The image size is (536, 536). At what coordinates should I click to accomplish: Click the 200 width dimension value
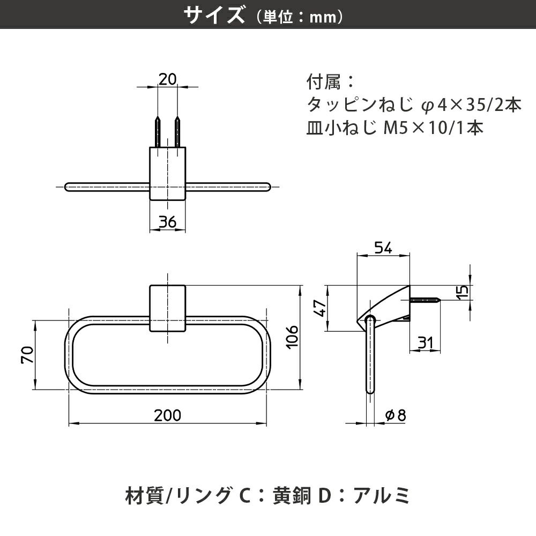tap(167, 415)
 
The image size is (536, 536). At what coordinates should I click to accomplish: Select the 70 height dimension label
tap(28, 355)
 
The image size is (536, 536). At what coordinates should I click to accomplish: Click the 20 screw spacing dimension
tap(168, 79)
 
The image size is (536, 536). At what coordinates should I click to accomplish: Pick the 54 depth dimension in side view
tap(383, 248)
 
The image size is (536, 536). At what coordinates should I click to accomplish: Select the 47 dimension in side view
tap(320, 309)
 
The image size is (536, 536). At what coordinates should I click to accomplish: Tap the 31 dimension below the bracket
tap(426, 343)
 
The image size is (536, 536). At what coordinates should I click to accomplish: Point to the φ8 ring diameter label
tap(396, 414)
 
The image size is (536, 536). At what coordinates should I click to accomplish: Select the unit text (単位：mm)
tap(300, 17)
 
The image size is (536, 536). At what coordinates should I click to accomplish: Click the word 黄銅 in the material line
tap(292, 495)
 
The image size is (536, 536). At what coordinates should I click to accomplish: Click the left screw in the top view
tap(158, 131)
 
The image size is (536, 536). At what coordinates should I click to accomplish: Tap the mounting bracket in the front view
tap(167, 309)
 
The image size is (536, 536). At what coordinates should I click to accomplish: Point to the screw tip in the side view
tap(438, 301)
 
